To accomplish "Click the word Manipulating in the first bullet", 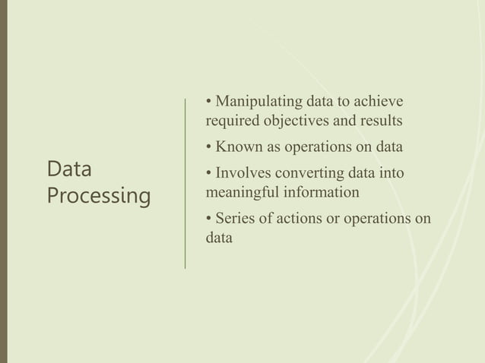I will pos(259,101).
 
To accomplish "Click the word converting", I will pos(312,174).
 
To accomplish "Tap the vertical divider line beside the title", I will pos(186,182).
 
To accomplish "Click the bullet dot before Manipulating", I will pos(209,102).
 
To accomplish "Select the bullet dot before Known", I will pos(209,147).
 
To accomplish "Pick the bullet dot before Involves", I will pos(209,175).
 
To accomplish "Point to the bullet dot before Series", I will pos(209,220).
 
